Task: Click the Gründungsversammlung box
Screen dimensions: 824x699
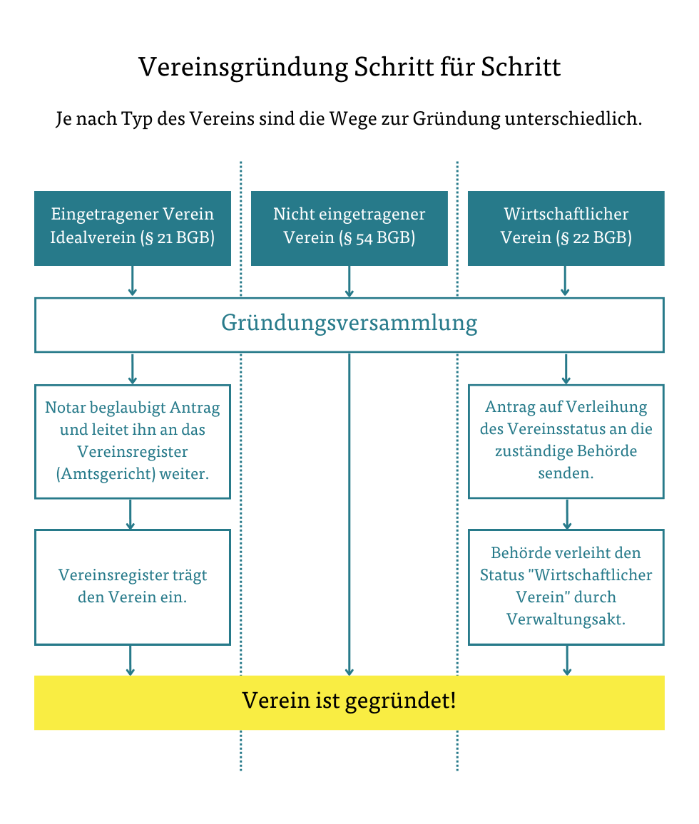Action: point(349,324)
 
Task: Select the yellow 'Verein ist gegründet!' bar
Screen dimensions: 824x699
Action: point(349,701)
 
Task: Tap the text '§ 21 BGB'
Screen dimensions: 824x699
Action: point(180,238)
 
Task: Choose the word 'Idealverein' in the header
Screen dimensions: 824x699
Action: point(93,238)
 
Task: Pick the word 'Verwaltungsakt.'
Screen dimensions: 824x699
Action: point(566,619)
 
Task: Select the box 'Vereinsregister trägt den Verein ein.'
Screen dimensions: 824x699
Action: point(132,587)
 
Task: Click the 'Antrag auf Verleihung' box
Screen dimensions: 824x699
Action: point(566,441)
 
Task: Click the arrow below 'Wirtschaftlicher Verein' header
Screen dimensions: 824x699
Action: point(566,282)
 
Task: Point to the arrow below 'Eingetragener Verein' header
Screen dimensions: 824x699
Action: point(132,282)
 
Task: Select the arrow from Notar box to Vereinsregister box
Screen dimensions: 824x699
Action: point(131,514)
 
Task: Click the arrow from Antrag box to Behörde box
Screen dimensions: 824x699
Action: point(567,514)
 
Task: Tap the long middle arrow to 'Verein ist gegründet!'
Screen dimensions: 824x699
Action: point(349,513)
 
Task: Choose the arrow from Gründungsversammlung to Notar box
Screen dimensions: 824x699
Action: point(132,369)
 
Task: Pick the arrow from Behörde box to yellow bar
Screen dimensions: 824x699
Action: point(567,660)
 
